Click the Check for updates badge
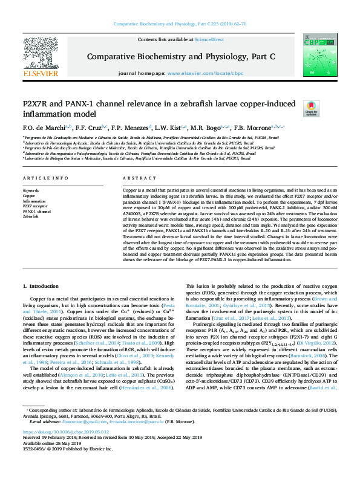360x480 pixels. [294, 109]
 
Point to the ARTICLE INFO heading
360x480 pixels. [45, 178]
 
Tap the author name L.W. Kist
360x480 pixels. [166, 128]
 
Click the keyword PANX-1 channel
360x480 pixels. [37, 211]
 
